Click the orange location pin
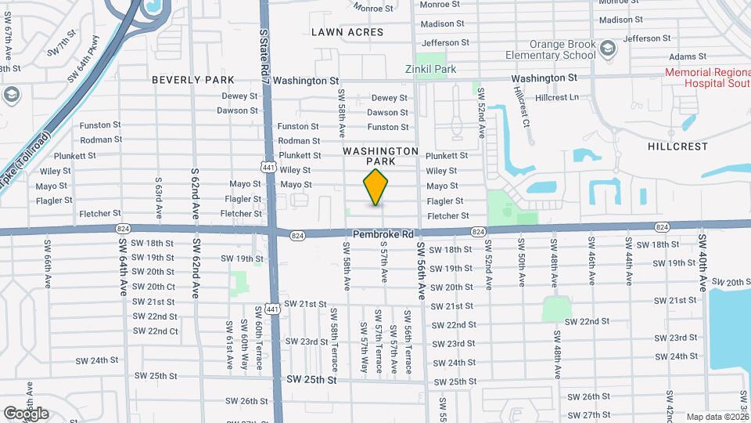[x=376, y=187]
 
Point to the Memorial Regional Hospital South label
[x=706, y=77]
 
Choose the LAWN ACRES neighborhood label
[x=347, y=32]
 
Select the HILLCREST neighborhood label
[x=677, y=146]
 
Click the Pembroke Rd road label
[x=383, y=234]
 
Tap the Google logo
[x=26, y=413]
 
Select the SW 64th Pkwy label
[x=84, y=60]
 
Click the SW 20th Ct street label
[x=153, y=287]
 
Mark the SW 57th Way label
[x=365, y=345]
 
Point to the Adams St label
[x=687, y=56]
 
